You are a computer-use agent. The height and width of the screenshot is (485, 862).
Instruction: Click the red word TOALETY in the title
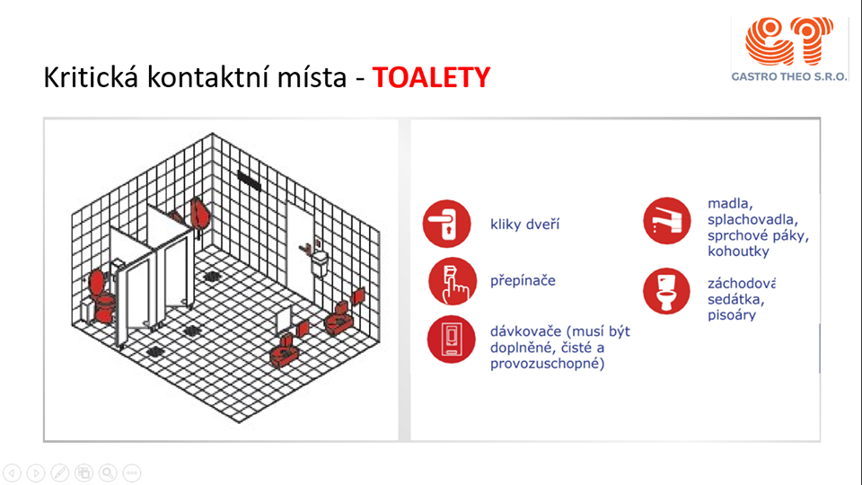(431, 77)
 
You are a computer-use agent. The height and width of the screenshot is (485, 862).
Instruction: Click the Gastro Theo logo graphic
(789, 41)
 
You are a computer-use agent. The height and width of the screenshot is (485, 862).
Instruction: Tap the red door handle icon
(447, 224)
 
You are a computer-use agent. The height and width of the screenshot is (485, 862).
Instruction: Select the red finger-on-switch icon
(453, 281)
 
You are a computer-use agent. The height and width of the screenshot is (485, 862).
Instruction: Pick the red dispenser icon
(452, 339)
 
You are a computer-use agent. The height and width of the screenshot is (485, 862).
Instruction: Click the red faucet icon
(667, 221)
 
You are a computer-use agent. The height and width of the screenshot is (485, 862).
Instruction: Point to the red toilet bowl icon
(666, 291)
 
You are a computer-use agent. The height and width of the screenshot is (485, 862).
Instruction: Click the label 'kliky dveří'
(524, 225)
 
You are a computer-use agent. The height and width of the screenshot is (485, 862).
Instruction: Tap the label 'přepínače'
(523, 280)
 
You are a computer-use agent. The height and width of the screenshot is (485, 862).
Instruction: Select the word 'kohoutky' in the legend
(738, 251)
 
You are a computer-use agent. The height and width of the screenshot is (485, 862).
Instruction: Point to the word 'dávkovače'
(525, 331)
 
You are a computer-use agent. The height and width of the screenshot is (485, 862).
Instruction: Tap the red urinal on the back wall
(200, 215)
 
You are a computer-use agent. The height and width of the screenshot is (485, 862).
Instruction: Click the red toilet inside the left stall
(102, 295)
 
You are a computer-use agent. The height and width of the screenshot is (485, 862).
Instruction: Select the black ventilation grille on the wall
(249, 181)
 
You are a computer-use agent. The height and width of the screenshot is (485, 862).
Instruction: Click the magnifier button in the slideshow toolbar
(108, 473)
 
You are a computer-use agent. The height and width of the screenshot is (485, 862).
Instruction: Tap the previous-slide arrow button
(12, 473)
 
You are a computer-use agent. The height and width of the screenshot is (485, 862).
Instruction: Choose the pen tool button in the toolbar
(60, 473)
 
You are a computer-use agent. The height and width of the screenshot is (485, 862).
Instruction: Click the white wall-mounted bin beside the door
(320, 263)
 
